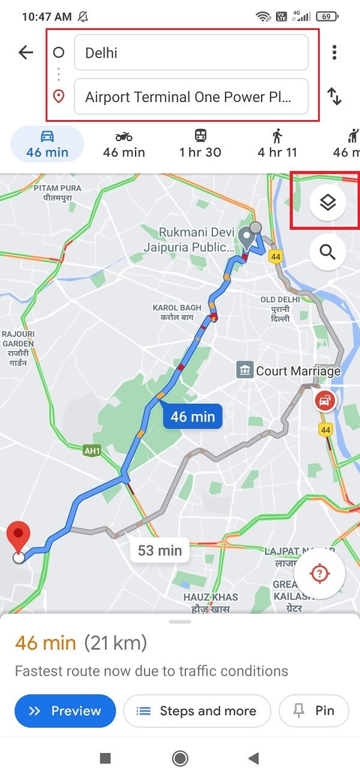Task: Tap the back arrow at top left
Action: coord(26,53)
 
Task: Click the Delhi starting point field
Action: coord(191,53)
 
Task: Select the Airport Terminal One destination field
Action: coord(191,97)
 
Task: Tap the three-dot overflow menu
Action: coord(334,53)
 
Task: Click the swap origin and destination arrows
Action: coord(334,97)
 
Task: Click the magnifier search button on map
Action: coord(328,252)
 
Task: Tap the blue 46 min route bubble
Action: coord(193,416)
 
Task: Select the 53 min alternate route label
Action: coord(160,550)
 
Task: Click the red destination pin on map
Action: coord(19,536)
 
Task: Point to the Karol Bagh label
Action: coord(173,313)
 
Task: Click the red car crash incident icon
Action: coord(325,400)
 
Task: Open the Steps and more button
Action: coord(197,711)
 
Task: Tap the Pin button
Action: coord(314,711)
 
